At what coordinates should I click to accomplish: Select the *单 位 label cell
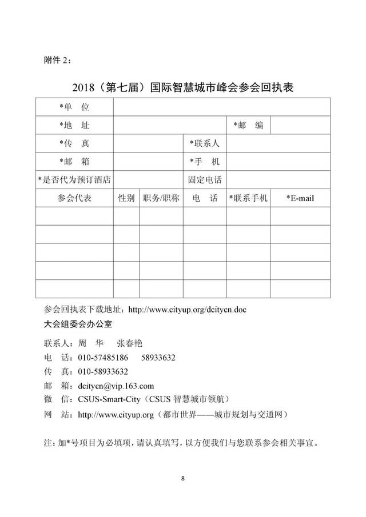click(74, 107)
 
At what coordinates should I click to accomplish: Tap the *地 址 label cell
click(74, 125)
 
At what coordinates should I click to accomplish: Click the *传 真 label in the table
click(74, 143)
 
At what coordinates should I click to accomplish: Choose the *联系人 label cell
click(205, 143)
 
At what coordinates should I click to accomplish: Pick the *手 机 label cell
click(205, 162)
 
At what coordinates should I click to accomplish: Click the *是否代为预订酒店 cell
click(74, 179)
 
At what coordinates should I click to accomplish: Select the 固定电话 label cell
click(205, 179)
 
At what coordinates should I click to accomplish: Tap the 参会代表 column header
click(74, 198)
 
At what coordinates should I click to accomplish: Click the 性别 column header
click(126, 198)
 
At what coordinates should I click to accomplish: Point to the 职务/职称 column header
click(161, 198)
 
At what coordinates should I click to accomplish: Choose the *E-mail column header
click(300, 198)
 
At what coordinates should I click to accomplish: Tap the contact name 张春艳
click(129, 343)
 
